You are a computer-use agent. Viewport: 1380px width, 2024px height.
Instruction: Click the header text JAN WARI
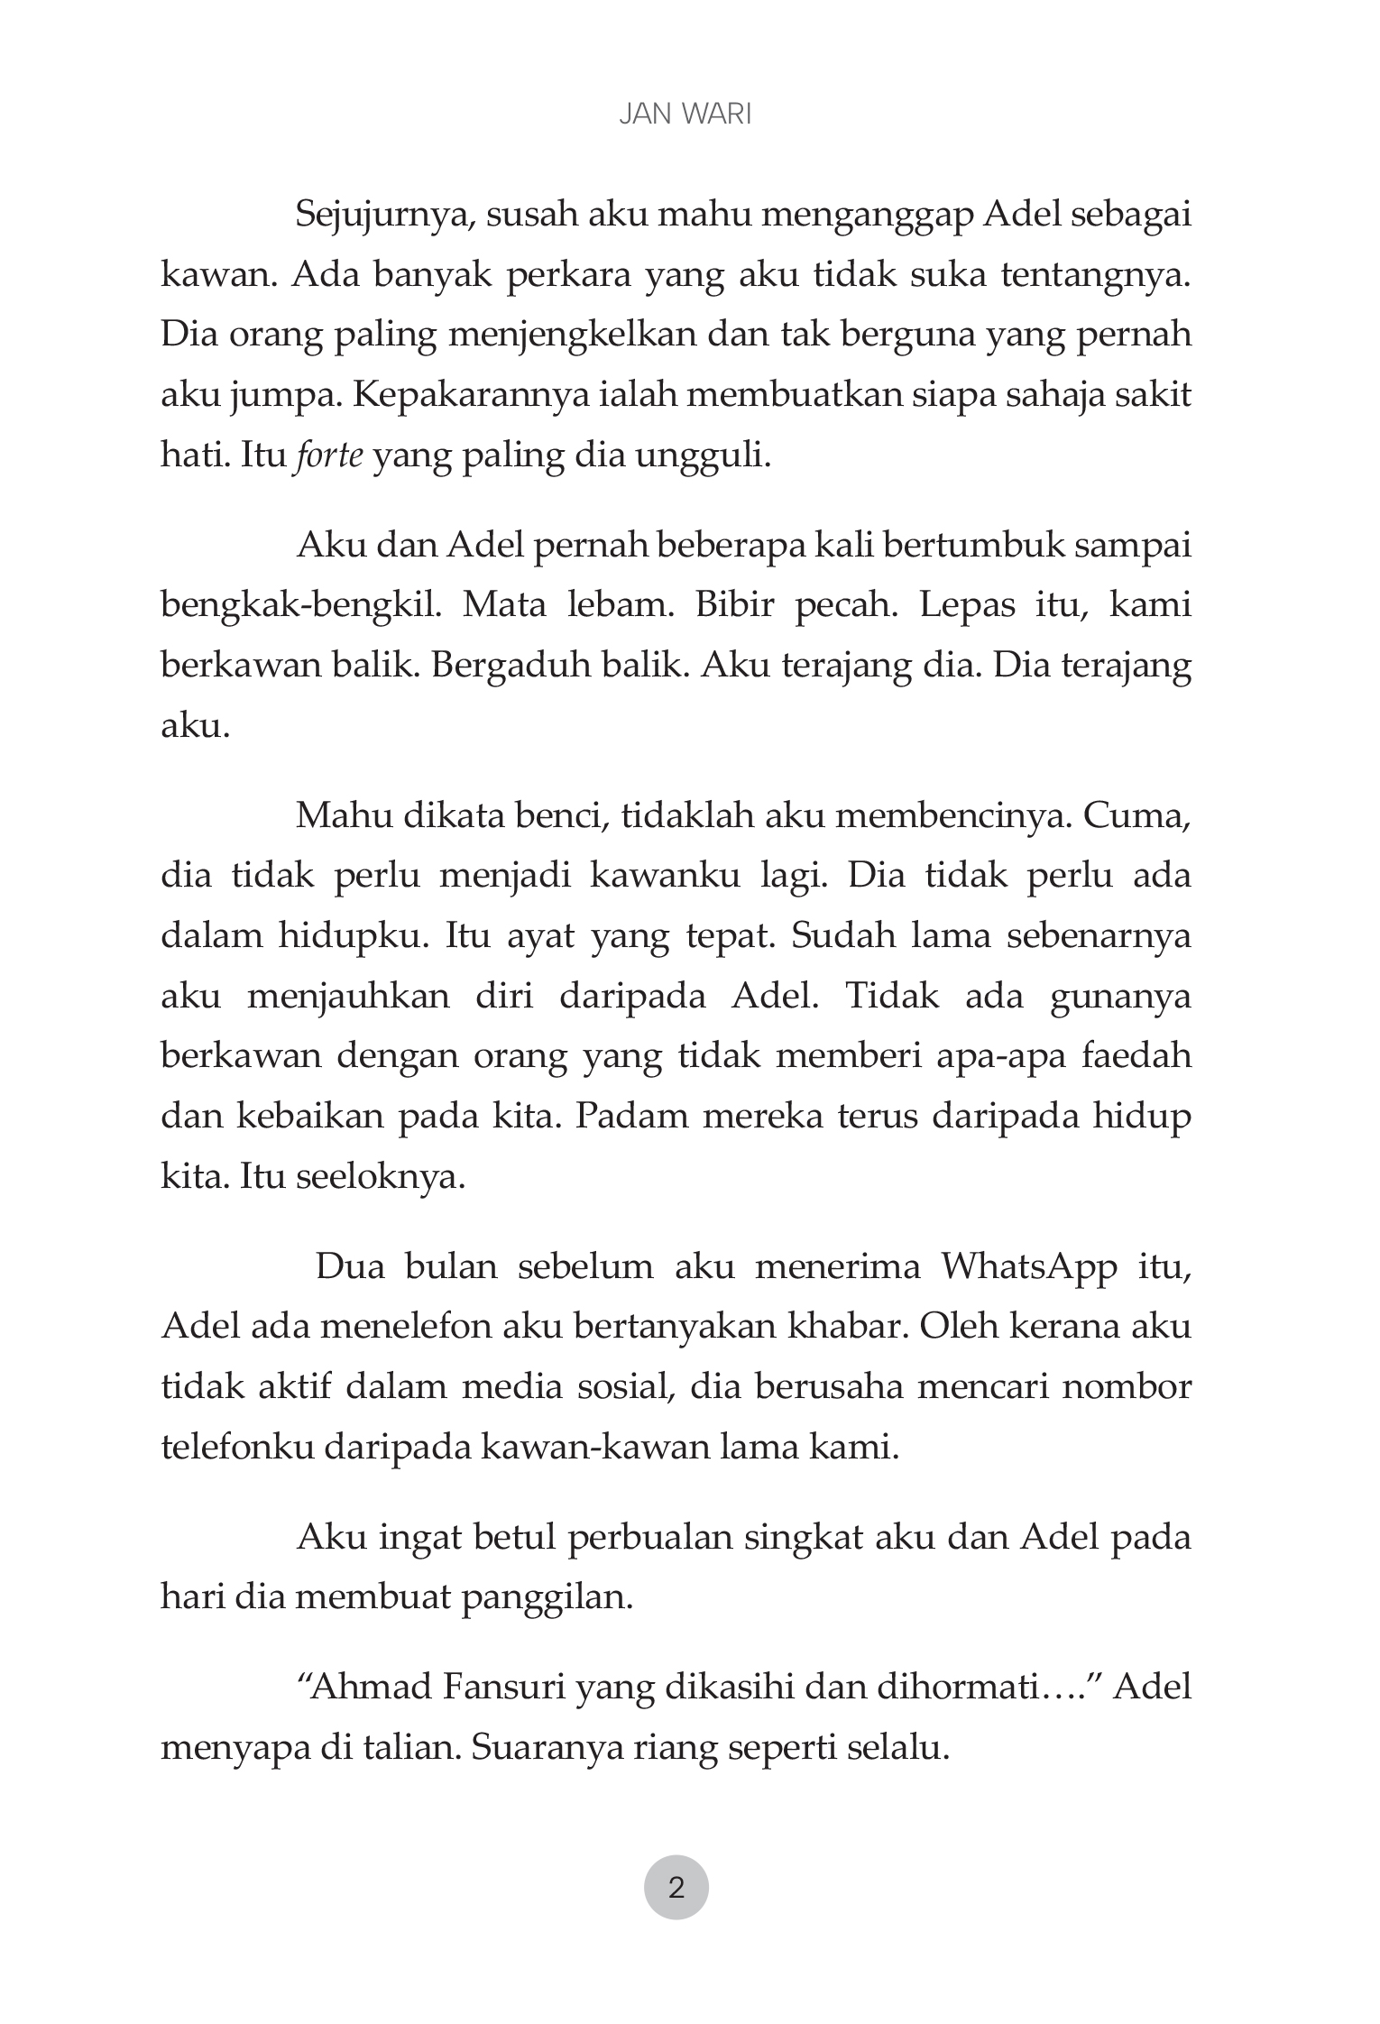click(x=685, y=115)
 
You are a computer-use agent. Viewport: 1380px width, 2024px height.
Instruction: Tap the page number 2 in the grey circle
click(x=676, y=1887)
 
